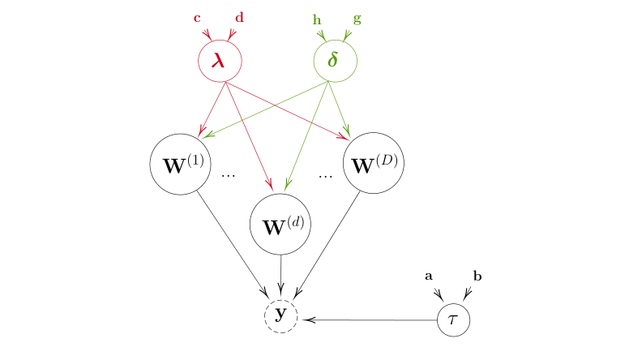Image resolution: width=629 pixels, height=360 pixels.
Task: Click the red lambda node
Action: coord(220,61)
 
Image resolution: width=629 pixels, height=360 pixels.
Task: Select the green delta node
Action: coord(335,61)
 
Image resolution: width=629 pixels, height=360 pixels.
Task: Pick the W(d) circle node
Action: coord(281,225)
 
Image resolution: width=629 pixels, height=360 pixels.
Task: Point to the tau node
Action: coord(453,320)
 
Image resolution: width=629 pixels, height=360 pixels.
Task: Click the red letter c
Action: coord(197,18)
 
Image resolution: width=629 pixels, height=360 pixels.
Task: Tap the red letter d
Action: coord(239,17)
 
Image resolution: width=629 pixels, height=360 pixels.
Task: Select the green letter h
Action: coord(317,18)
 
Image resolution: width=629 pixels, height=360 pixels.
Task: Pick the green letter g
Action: coord(357,18)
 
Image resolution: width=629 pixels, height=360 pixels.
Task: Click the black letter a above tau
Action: coord(429,276)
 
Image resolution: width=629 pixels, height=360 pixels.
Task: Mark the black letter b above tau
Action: coord(477,276)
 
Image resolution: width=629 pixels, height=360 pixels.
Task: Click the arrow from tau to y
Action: coord(369,320)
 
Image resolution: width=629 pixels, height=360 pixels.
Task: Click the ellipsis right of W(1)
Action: coord(228,176)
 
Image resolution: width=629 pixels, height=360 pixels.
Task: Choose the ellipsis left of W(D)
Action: coord(326,176)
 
